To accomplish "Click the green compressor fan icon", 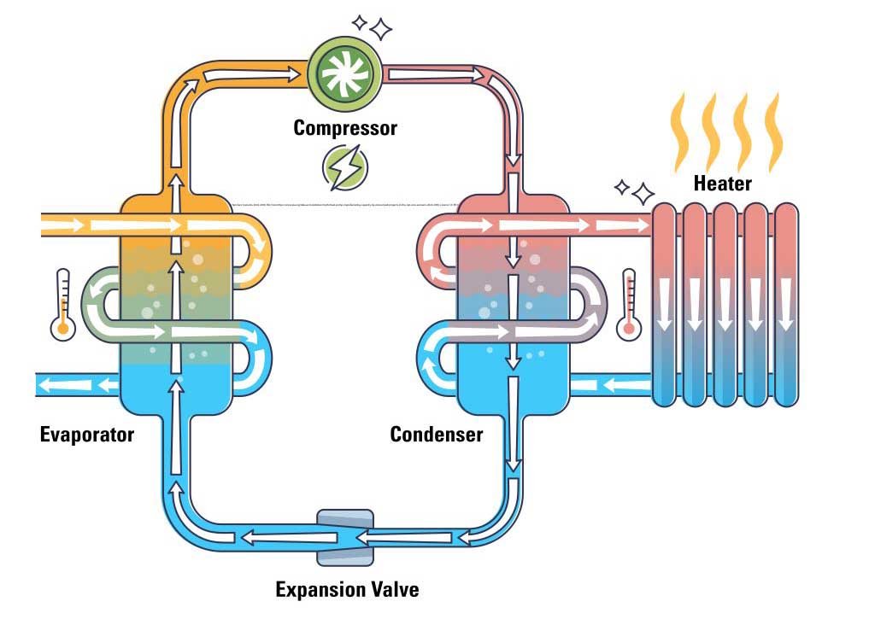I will tap(345, 73).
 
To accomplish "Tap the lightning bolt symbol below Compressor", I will tap(345, 167).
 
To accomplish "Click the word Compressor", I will tap(345, 128).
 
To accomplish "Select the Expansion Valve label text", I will tap(347, 589).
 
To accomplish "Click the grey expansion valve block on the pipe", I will tap(345, 537).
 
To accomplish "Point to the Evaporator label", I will tap(87, 435).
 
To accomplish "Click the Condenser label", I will tap(436, 435).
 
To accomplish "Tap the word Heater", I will tap(722, 184).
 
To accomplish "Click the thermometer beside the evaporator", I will tap(62, 305).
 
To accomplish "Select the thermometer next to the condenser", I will tap(631, 305).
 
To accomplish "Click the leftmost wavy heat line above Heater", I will tap(681, 132).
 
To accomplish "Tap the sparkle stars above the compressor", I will tap(373, 26).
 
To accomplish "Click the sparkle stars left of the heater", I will tap(634, 190).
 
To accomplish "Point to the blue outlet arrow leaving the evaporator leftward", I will tap(77, 385).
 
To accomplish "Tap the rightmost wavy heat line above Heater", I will tap(774, 132).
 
